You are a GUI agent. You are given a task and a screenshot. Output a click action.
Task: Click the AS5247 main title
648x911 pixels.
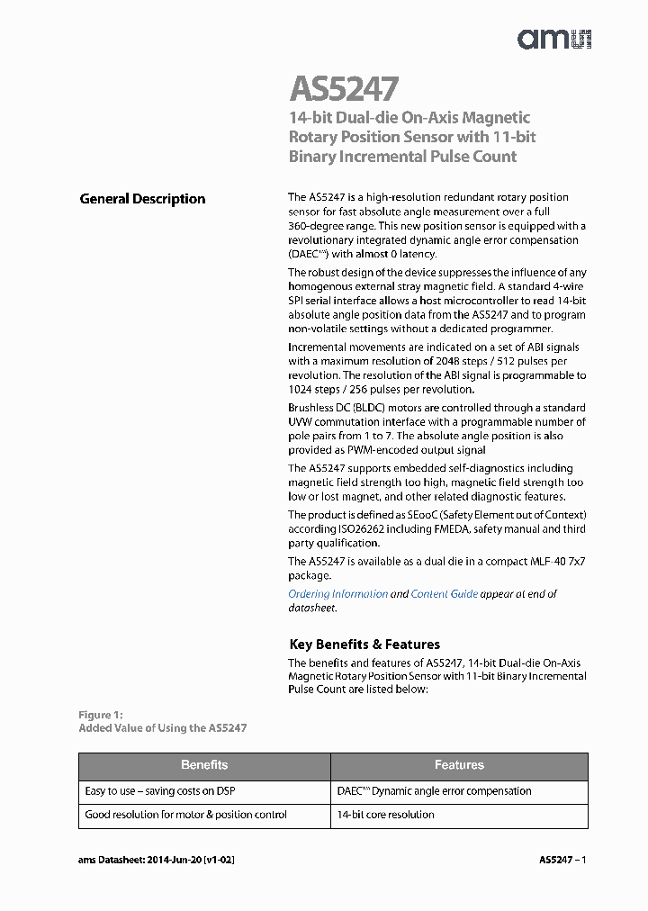344,89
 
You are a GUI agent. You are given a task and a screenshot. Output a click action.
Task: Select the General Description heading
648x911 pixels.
142,199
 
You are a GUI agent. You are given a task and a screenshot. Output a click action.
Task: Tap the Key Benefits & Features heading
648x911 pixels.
364,645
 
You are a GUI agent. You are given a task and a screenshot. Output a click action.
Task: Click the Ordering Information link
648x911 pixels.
337,594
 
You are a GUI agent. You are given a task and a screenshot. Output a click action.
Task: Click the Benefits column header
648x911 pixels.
204,765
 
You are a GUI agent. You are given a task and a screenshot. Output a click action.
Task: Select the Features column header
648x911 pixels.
459,765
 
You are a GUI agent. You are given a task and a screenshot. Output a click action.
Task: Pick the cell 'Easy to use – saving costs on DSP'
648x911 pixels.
159,791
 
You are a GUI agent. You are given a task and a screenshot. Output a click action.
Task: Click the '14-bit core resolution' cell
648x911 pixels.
385,815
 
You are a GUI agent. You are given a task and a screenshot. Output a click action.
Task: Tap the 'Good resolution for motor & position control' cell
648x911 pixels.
185,815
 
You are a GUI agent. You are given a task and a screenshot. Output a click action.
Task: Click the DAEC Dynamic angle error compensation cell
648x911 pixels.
434,791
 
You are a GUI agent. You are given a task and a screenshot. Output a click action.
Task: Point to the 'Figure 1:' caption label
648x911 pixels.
100,715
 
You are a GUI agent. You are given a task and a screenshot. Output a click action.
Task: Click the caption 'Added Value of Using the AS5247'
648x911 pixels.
162,727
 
